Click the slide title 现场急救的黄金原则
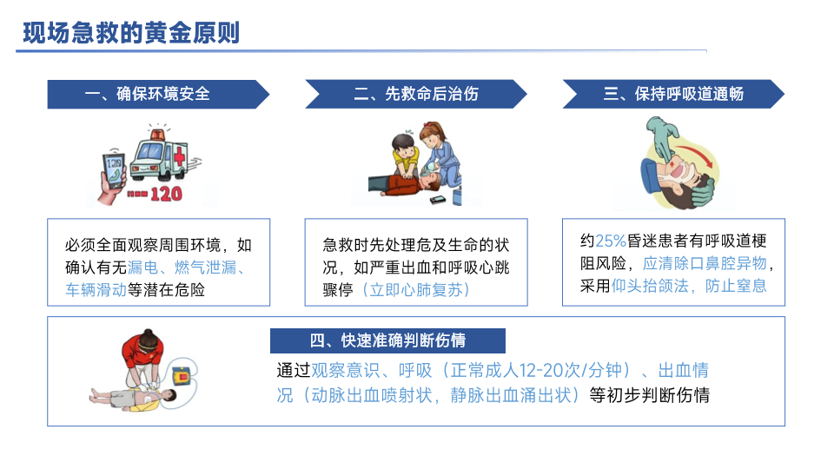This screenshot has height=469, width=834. pos(131,33)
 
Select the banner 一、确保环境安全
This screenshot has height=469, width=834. pos(158,94)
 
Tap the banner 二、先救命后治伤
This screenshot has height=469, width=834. pos(416,94)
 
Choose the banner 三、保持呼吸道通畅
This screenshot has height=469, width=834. pos(673,94)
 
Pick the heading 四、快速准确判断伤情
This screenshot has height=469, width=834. pos(387,340)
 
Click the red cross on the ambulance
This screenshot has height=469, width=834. pos(180,156)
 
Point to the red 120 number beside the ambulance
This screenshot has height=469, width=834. pos(166,194)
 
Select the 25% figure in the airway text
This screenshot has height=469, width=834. pos(611,241)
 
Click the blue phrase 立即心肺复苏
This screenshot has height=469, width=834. pos(416,290)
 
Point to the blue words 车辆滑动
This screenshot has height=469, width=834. pos(96,290)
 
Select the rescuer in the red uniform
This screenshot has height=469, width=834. pos(142,359)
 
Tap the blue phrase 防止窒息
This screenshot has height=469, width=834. pos(736,286)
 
